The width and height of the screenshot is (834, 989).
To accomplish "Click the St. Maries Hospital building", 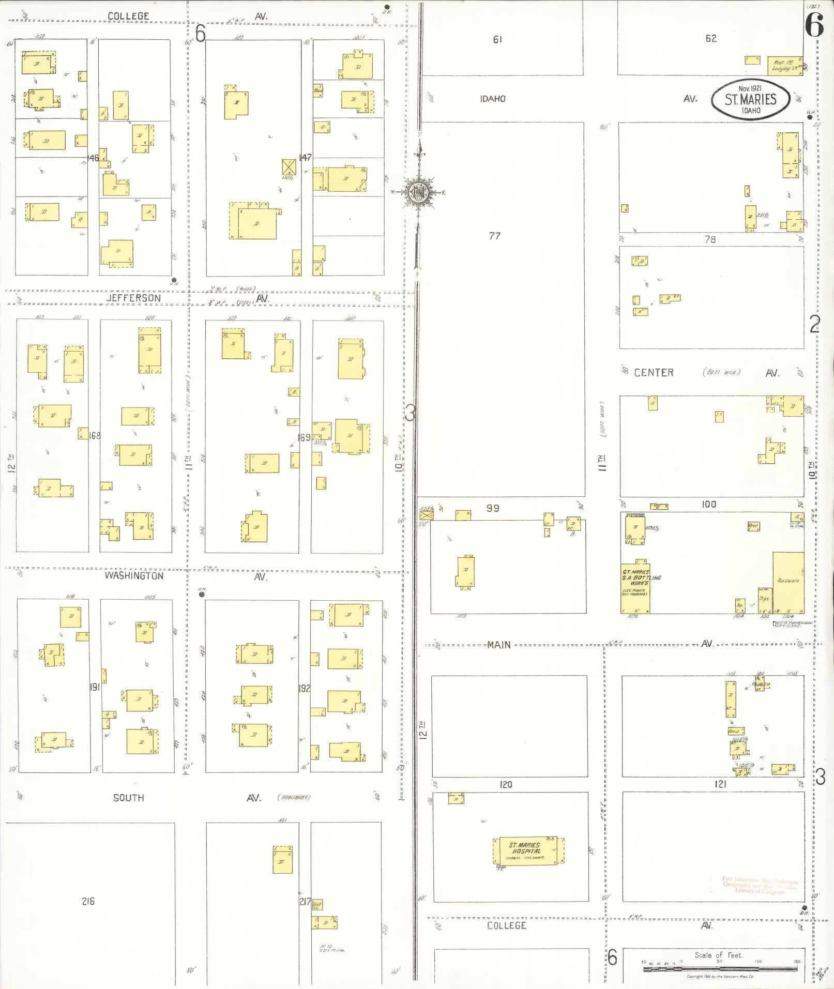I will pos(527,851).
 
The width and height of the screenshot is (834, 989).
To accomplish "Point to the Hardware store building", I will pos(788,582).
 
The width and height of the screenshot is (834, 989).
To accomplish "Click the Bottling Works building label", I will pos(635,577).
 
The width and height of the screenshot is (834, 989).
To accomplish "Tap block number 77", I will pos(494,236).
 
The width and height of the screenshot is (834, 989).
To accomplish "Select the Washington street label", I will pos(134,575).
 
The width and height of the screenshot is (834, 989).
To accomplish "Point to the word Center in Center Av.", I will pos(654,372).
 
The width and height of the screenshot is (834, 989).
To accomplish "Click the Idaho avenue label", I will pos(492,98).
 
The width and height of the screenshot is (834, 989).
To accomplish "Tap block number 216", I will pos(88,901).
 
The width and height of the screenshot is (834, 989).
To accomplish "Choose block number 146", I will pos(93,157).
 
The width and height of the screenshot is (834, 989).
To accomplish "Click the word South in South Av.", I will pos(128,798).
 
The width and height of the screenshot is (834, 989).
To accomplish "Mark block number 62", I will pos(711,38).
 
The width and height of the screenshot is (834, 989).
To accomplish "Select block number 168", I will pos(95,435).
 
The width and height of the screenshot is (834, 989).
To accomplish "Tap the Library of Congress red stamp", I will pos(760,885).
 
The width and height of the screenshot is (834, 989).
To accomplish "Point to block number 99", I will pos(493,508).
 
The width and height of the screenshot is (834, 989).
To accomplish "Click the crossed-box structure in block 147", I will pos(288,167).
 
